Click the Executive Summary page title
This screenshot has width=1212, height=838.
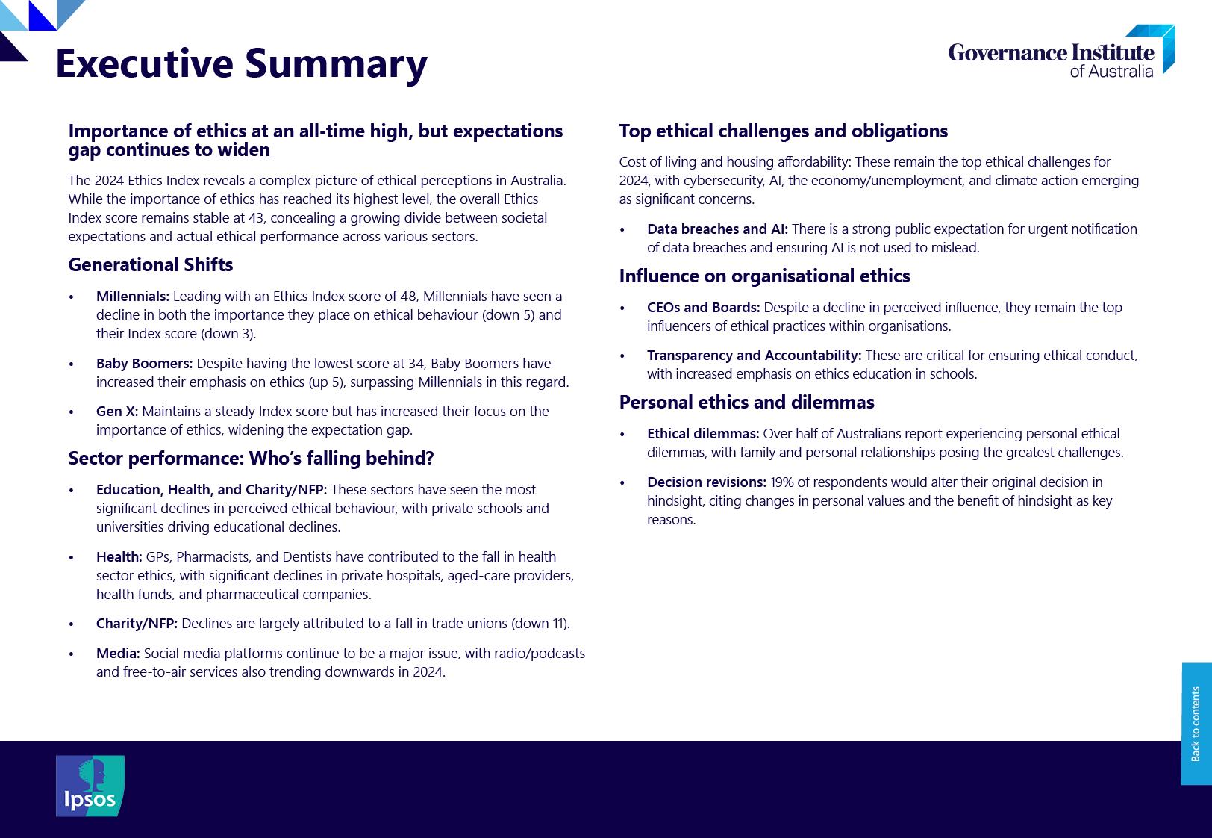tap(241, 63)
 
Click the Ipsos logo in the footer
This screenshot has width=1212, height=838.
tap(90, 786)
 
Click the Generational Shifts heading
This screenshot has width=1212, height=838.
tap(150, 265)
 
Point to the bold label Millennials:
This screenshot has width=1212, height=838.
tap(133, 297)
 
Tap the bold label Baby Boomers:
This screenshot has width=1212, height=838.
tap(144, 364)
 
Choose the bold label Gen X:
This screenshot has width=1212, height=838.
tap(117, 412)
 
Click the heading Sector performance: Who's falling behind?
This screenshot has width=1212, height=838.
tap(251, 459)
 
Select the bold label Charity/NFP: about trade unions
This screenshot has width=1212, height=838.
tap(137, 624)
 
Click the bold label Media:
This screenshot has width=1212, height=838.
tap(118, 654)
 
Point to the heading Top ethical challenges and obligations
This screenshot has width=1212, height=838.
tap(783, 131)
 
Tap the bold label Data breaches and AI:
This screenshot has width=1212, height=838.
tap(717, 229)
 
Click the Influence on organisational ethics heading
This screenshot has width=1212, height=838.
tap(764, 276)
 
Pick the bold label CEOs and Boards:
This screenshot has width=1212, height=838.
tap(703, 308)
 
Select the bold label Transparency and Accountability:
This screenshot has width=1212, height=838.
tap(754, 356)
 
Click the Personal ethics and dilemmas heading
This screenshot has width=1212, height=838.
tap(746, 403)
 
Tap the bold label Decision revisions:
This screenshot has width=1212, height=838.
tap(707, 482)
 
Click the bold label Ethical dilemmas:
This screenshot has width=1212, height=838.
tap(703, 434)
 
